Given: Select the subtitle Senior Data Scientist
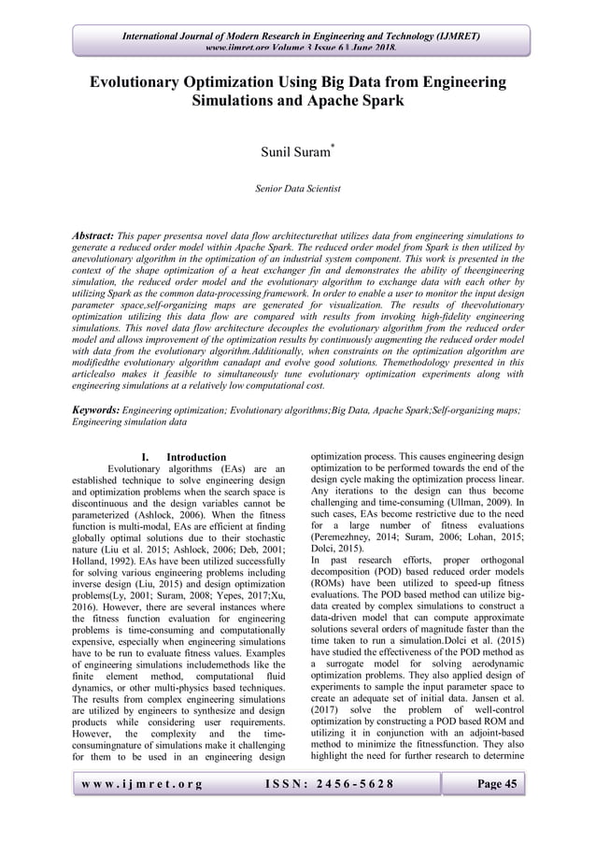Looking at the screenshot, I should (x=298, y=189).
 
